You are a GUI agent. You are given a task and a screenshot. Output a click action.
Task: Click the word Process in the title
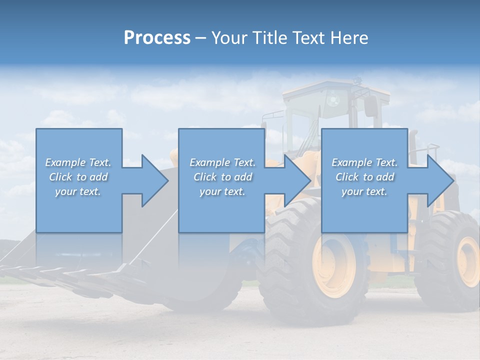pyautogui.click(x=157, y=38)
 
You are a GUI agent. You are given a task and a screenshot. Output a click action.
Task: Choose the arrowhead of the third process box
pyautogui.click(x=439, y=180)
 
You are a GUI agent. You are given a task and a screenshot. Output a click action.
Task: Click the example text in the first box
pyautogui.click(x=78, y=177)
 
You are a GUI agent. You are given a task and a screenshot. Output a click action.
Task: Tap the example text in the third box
pyautogui.click(x=364, y=177)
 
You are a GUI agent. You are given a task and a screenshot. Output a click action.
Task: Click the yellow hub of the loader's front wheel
pyautogui.click(x=333, y=264)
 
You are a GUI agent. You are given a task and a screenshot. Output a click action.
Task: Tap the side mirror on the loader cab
pyautogui.click(x=370, y=106)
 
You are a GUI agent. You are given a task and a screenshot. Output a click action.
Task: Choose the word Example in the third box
pyautogui.click(x=352, y=162)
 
